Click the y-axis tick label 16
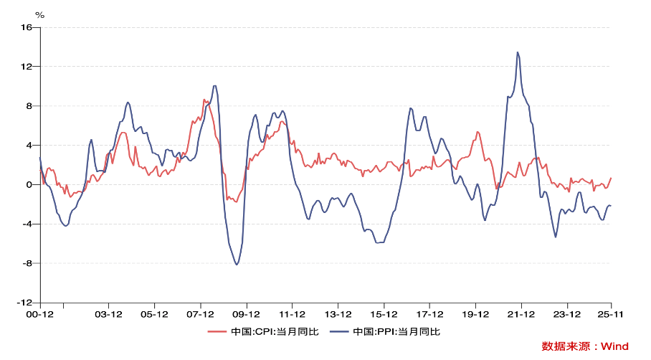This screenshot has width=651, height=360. coord(27,27)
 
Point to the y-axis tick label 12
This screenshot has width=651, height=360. coord(27,67)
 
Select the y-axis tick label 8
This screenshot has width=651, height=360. coord(29,106)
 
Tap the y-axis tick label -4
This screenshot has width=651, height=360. coord(28,224)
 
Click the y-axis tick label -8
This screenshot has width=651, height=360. coord(28,263)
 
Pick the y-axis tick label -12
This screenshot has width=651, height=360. coord(26,303)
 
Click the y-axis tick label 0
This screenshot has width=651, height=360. coord(29,185)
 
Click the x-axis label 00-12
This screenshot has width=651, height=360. coord(40,314)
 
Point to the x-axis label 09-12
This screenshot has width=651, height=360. coord(246,314)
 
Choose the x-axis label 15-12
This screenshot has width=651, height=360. coord(384,314)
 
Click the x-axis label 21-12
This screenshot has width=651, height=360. coord(521,314)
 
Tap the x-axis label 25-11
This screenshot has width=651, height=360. coord(610,314)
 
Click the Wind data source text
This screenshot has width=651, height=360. coord(585,346)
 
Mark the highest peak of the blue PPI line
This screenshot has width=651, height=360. coord(518,52)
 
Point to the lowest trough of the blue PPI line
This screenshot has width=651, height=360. coord(237,265)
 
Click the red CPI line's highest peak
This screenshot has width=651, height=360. coord(204,100)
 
